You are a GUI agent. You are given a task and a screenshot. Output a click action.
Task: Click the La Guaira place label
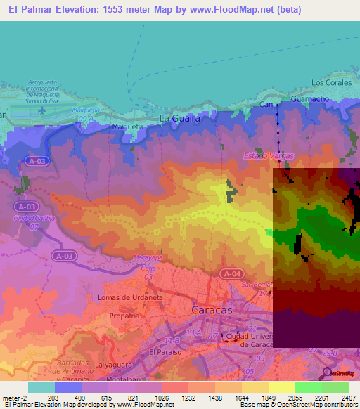point(180,119)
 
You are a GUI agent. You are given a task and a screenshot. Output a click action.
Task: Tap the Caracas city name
point(212,309)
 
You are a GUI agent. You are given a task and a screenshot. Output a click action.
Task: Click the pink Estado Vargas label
point(268,155)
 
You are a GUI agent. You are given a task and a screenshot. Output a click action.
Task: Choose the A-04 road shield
point(231,273)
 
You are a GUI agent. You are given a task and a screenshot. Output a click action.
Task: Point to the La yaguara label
point(115,365)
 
